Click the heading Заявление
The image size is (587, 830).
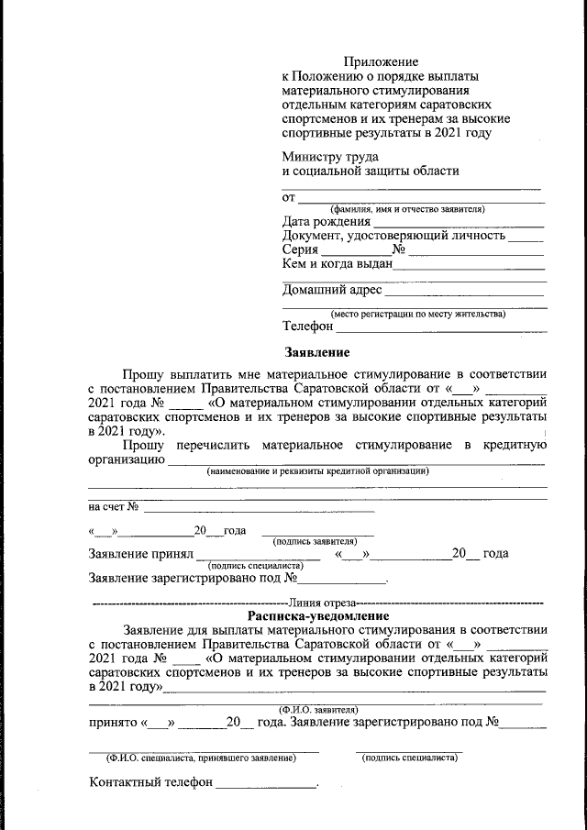pos(316,352)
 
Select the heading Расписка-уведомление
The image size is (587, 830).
pos(318,616)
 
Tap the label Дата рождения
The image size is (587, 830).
pos(327,221)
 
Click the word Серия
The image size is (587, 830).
pos(300,249)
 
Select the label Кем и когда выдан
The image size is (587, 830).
pos(337,263)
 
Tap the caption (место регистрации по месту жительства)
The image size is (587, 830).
pos(417,315)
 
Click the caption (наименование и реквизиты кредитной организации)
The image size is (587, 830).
pos(317,471)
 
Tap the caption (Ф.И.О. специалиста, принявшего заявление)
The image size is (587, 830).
pos(202,758)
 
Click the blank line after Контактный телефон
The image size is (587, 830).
pos(266,786)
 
